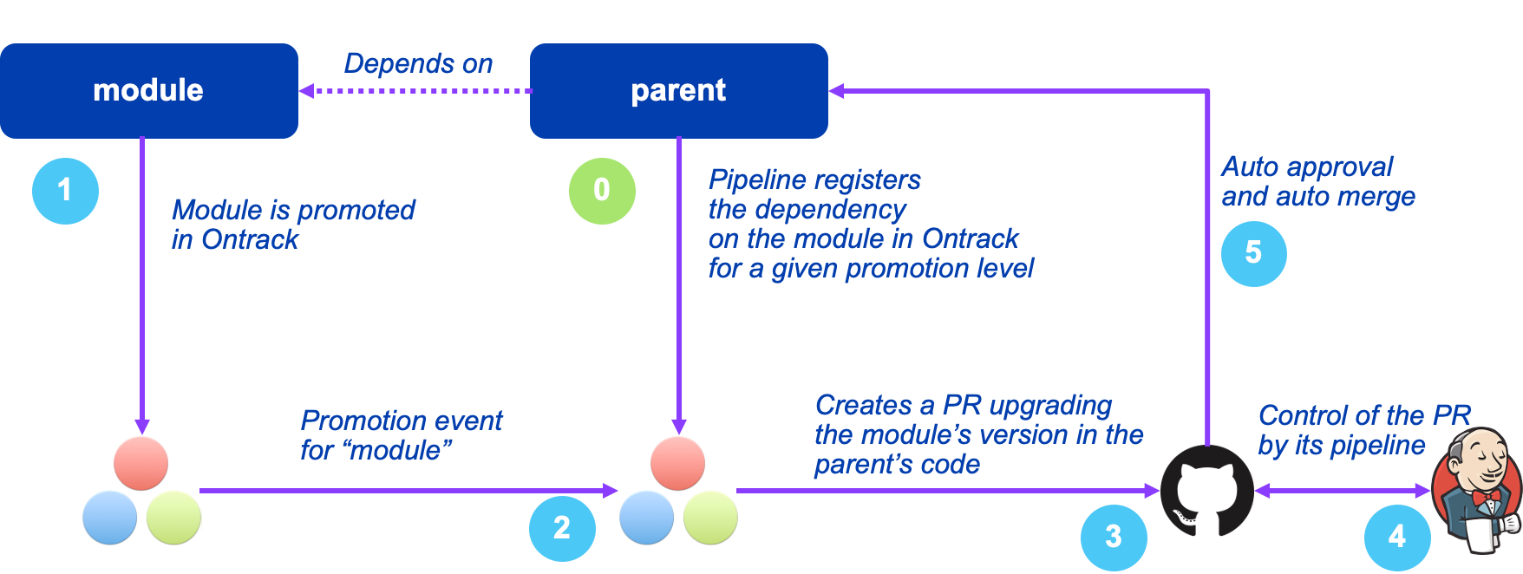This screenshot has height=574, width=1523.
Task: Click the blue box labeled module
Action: (148, 90)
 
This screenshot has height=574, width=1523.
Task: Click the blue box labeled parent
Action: (678, 90)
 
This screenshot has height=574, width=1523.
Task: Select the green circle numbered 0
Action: (602, 191)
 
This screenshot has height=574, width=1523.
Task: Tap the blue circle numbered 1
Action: (65, 191)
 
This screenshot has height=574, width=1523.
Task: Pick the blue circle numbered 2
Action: (562, 527)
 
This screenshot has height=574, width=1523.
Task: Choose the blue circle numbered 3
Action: (1114, 537)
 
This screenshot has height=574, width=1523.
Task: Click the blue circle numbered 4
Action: (1396, 537)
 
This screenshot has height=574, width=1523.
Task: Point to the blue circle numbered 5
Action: (1253, 253)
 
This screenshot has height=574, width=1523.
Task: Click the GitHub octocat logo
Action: (1207, 491)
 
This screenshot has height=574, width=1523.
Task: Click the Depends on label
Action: (418, 63)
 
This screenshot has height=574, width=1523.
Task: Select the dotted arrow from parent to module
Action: (416, 90)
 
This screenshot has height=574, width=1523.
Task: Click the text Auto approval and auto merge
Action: (1317, 181)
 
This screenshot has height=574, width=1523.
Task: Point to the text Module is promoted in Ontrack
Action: (293, 224)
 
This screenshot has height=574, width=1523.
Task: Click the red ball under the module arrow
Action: (141, 463)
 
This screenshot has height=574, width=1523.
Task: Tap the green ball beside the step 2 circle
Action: (710, 517)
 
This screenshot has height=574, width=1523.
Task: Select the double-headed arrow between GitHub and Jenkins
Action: (1343, 491)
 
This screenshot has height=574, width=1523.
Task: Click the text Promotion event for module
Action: (401, 435)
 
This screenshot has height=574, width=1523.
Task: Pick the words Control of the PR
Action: (1364, 415)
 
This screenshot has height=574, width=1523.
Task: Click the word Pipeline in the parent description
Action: (748, 179)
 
